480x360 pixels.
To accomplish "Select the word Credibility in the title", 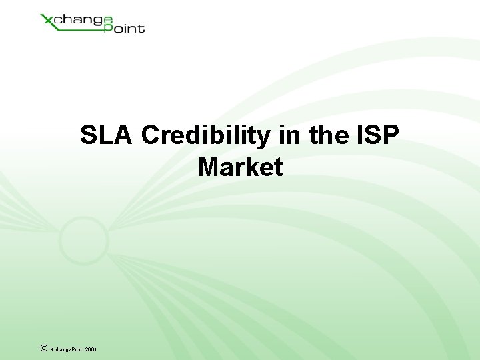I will [x=206, y=135].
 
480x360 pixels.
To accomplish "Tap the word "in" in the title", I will [x=290, y=135].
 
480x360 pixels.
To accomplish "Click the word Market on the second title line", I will [x=240, y=167].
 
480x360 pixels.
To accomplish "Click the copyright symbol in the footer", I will [x=43, y=347].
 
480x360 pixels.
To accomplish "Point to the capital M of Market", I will [x=209, y=167].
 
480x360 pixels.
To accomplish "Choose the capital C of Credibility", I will [x=151, y=135].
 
